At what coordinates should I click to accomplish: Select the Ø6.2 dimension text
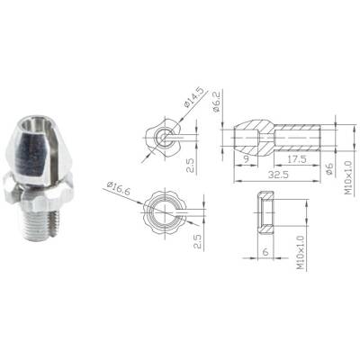pos(216,103)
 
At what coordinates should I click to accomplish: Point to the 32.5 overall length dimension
pos(278,175)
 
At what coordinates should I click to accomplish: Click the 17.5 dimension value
pos(297,159)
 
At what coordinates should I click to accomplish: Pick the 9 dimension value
pos(246,159)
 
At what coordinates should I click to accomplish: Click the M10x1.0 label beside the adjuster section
pos(348,177)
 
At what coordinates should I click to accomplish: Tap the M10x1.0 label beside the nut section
pos(301,252)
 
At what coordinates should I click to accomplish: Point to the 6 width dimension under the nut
pos(265,252)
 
